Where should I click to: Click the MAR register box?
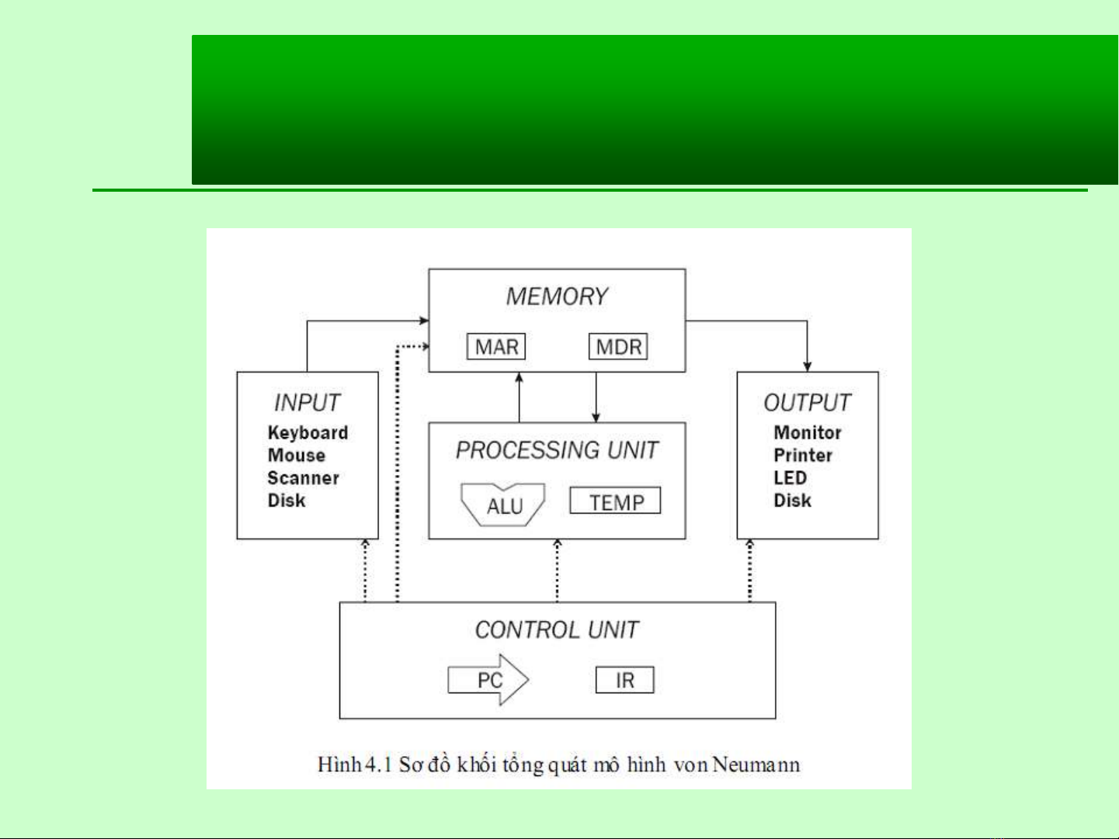coord(496,346)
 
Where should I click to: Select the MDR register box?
coord(618,346)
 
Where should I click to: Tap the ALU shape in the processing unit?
coord(502,504)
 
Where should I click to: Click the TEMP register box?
coord(615,501)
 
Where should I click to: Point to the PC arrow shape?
coord(488,680)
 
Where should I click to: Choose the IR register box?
coord(625,680)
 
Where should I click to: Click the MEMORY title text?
coord(557,296)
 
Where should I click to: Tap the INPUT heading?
coord(307,403)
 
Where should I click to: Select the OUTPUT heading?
coord(807,403)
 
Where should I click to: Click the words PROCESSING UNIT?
coord(557,450)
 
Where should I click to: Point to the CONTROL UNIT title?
coord(557,629)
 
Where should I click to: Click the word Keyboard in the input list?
coord(308,433)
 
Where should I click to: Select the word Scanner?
coord(304,478)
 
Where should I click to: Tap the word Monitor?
coord(808,432)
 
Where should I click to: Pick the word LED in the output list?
coord(791,478)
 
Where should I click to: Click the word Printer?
coord(803,455)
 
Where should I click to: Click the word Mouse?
coord(297,455)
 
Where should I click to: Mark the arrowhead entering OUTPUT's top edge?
coord(807,367)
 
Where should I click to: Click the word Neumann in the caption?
coord(756,764)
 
